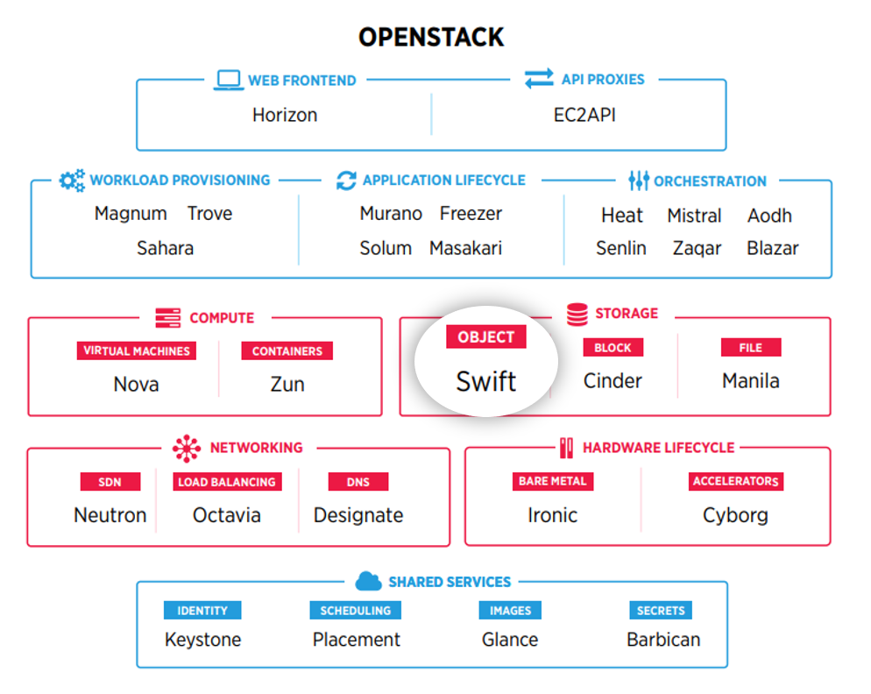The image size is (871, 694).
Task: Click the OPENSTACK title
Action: (x=431, y=37)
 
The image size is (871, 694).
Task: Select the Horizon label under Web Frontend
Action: (x=285, y=115)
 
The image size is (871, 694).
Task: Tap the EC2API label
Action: (x=584, y=115)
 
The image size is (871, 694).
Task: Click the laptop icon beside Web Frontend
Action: (x=229, y=80)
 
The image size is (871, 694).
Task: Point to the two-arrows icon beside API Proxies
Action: (x=539, y=78)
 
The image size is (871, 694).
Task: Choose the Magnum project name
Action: (x=131, y=214)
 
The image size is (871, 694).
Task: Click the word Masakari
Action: (x=465, y=248)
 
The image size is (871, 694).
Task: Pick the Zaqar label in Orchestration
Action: (x=697, y=248)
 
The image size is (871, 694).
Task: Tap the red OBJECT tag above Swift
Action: (x=486, y=336)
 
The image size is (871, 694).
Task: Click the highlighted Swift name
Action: (x=486, y=381)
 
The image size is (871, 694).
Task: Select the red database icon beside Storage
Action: (x=577, y=315)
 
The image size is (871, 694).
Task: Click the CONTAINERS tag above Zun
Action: (x=287, y=351)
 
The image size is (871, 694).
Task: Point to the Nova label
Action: (x=136, y=384)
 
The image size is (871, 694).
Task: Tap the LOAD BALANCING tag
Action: (x=227, y=482)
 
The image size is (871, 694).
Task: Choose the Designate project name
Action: (x=358, y=515)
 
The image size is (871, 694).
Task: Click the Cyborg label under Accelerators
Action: (x=735, y=515)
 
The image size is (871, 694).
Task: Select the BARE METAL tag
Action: (x=553, y=481)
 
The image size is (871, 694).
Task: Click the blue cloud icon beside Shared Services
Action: (x=368, y=581)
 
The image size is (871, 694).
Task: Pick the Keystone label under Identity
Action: (x=202, y=640)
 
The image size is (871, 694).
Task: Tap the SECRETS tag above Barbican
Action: (x=661, y=611)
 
